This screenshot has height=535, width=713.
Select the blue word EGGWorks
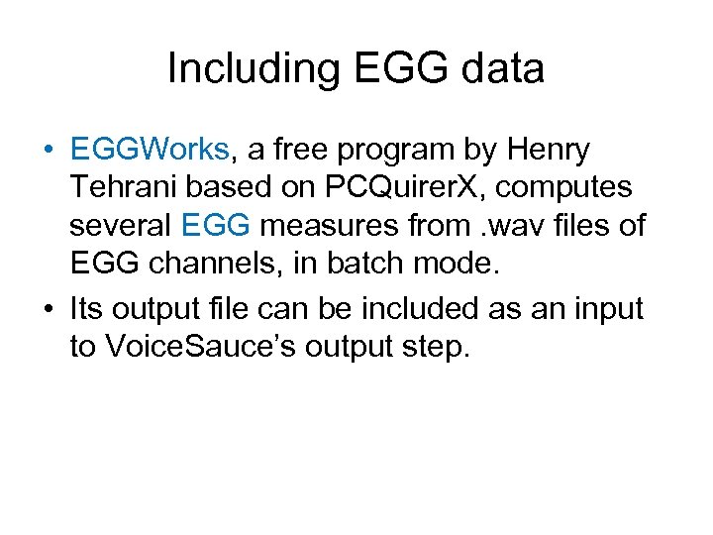(x=150, y=150)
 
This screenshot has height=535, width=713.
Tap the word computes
(x=573, y=188)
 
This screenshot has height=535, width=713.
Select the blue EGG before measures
(x=217, y=226)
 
